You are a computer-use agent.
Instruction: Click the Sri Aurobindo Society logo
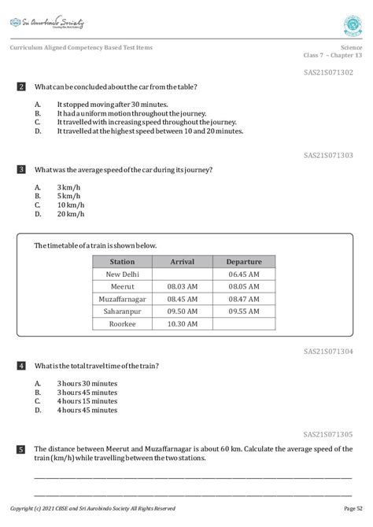(47, 24)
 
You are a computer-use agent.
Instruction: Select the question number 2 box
(21, 87)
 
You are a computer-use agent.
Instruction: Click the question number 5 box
(21, 449)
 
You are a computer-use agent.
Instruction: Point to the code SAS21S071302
(328, 72)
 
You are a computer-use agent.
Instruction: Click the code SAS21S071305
(328, 433)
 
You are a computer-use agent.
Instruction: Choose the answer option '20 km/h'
(70, 214)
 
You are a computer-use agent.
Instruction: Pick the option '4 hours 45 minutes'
(87, 410)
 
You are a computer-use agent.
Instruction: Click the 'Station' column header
(122, 262)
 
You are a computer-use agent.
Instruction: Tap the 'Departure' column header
(244, 262)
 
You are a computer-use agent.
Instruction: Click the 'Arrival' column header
(183, 262)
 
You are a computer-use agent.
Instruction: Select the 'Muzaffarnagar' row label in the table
(122, 299)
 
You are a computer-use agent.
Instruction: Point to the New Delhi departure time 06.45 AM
(244, 275)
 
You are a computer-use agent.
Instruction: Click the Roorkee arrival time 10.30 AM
(183, 324)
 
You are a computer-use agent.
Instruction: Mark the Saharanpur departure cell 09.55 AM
(244, 311)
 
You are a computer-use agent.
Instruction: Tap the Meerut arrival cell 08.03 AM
(183, 287)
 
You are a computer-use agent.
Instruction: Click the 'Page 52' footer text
(353, 508)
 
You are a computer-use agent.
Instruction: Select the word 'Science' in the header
(352, 47)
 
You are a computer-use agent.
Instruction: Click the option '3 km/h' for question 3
(68, 186)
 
